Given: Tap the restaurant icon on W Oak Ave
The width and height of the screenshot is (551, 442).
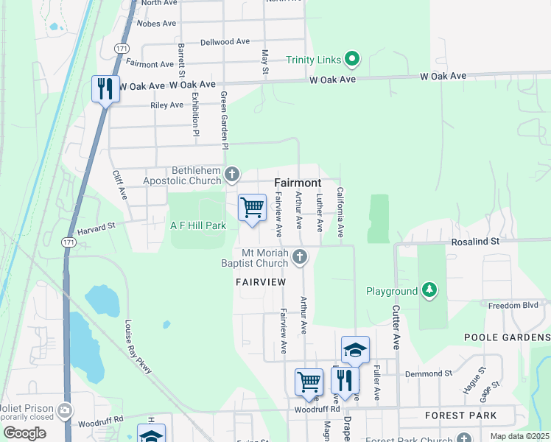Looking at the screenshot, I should tap(105, 89).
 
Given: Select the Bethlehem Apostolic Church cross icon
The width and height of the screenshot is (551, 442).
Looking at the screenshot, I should tap(232, 175).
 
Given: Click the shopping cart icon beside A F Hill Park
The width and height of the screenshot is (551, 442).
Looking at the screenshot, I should tap(252, 208).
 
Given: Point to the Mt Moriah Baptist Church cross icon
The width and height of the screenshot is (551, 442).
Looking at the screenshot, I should tap(299, 257).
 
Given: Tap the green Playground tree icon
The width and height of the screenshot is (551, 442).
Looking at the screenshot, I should tap(429, 291).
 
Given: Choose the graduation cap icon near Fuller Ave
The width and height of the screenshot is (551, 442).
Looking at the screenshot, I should tap(354, 351).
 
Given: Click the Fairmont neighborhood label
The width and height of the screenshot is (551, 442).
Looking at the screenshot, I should tap(298, 182).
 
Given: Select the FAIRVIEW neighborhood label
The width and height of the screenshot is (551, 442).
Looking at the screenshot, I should tap(260, 282).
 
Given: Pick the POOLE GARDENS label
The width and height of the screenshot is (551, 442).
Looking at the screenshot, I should tap(508, 337).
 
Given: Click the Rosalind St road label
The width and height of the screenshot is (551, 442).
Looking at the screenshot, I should tap(475, 241).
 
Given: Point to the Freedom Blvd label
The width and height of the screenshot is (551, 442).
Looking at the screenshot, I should tap(514, 305).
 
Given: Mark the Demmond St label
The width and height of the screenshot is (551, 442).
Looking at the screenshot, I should tap(427, 373).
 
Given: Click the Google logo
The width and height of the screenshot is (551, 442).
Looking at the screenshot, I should tap(24, 432).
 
